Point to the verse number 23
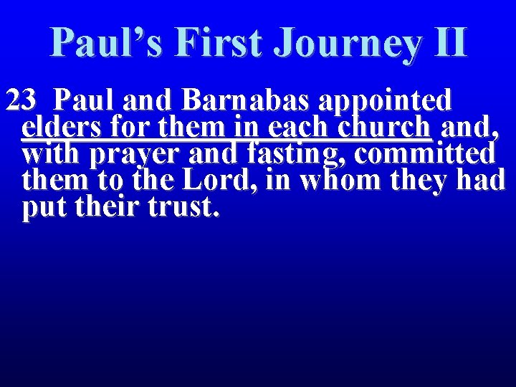click(21, 101)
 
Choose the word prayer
click(138, 154)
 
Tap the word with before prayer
click(52, 154)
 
